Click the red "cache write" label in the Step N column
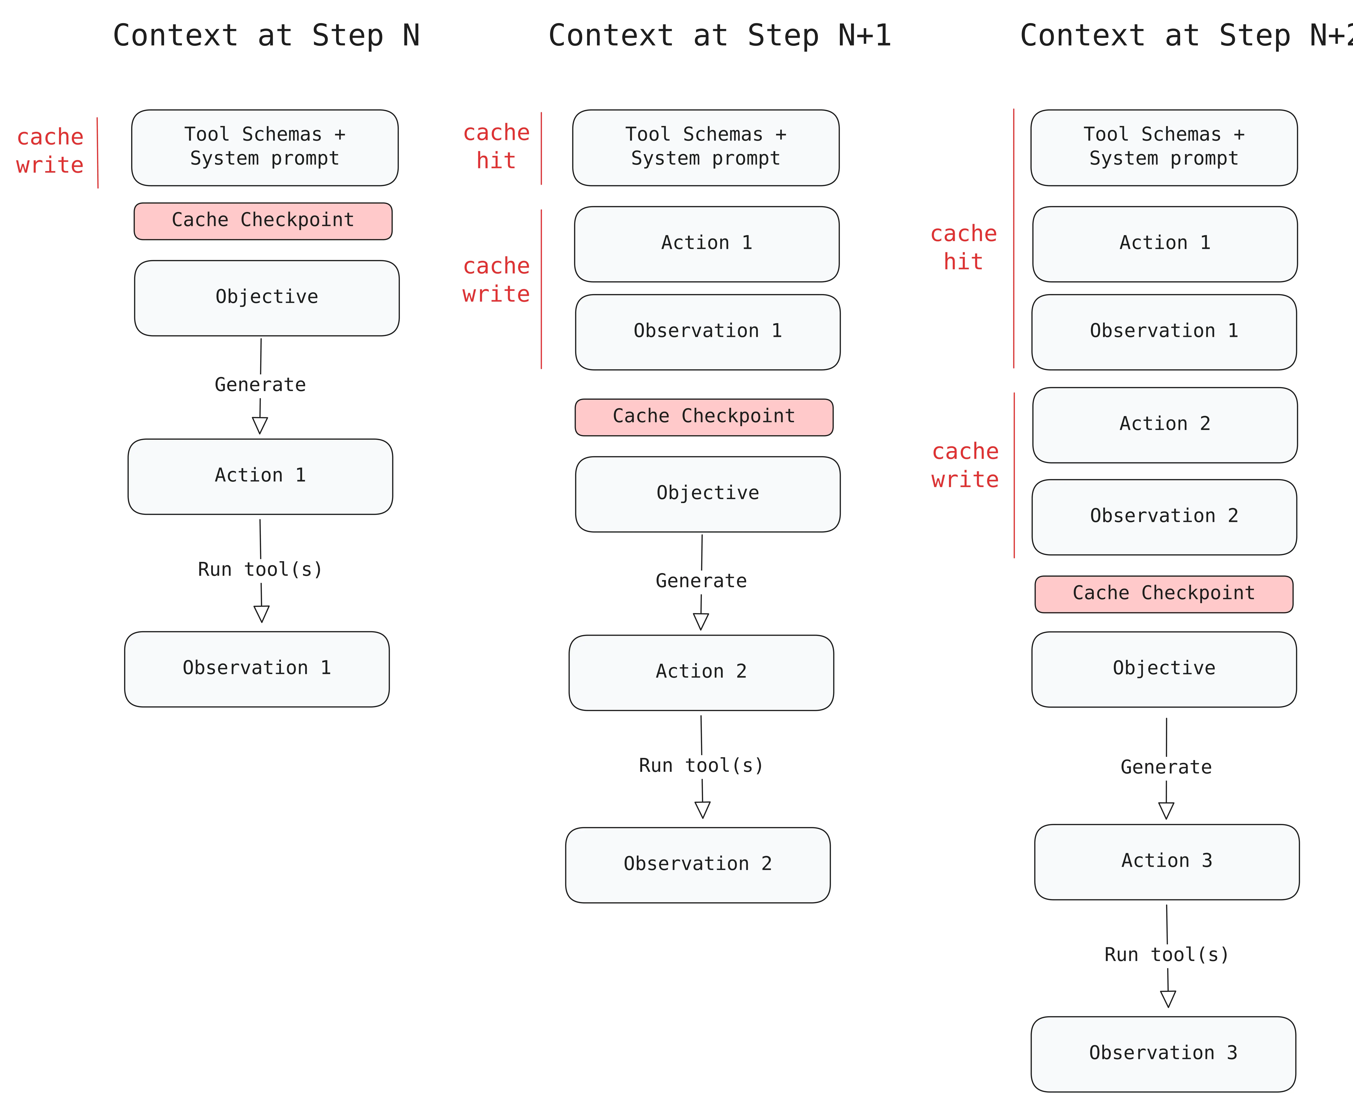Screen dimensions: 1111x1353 [x=50, y=151]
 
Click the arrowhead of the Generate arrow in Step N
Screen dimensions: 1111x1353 [x=260, y=426]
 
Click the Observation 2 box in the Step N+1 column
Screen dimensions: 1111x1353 [x=698, y=865]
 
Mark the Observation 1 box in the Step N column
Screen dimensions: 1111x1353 [x=257, y=669]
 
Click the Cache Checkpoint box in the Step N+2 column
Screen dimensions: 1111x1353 [x=1164, y=594]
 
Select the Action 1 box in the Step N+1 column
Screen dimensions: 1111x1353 [x=707, y=244]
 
